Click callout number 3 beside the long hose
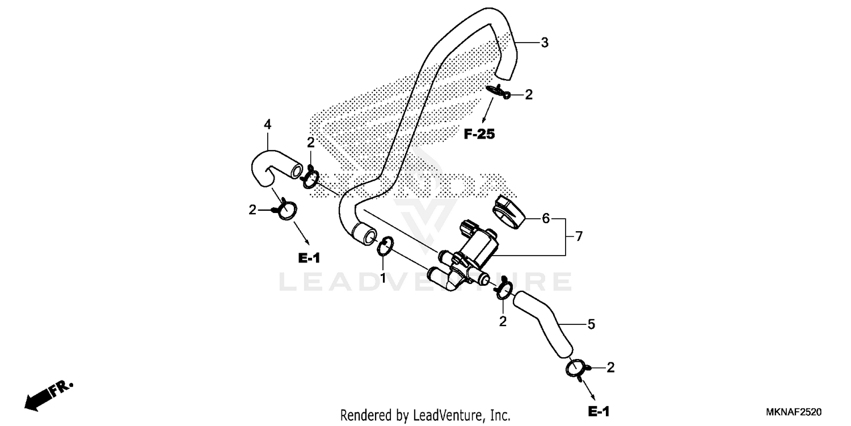(x=544, y=43)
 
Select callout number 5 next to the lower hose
(x=591, y=324)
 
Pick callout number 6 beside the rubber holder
(x=546, y=218)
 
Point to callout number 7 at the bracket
(x=579, y=237)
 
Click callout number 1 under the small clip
(x=383, y=278)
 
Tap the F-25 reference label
(x=479, y=135)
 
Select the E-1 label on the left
(x=309, y=258)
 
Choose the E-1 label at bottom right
(x=599, y=411)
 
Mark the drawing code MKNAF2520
(x=794, y=411)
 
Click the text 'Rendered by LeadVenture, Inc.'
(x=425, y=415)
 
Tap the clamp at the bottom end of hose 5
(x=576, y=368)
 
